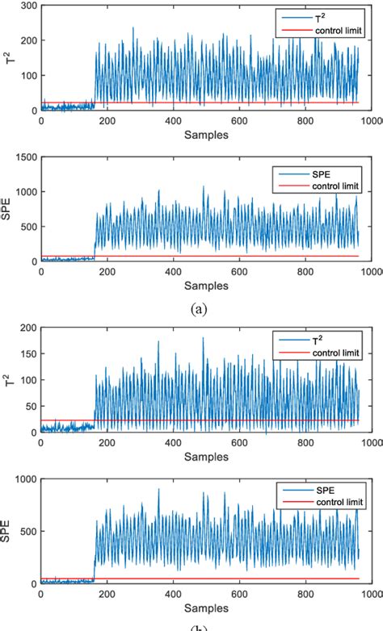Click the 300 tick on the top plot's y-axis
27,6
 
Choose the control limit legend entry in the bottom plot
327,501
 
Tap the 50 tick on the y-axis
29,406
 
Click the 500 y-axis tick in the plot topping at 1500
27,228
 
